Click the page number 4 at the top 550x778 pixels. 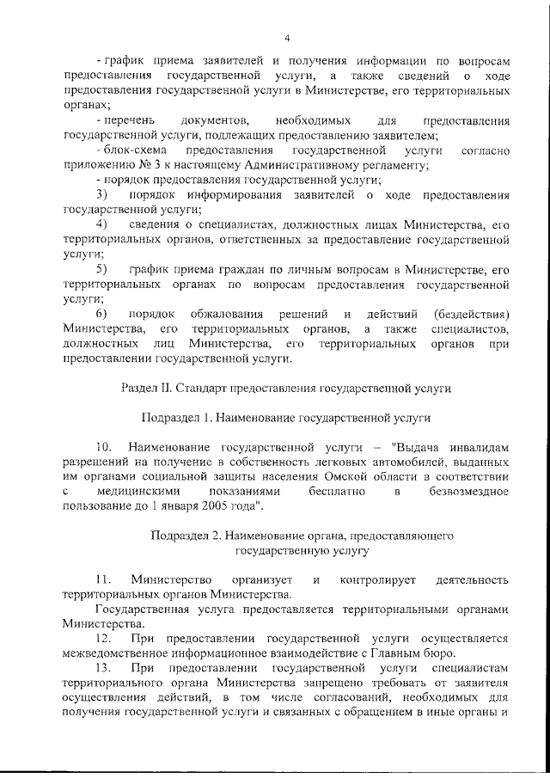(x=287, y=37)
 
